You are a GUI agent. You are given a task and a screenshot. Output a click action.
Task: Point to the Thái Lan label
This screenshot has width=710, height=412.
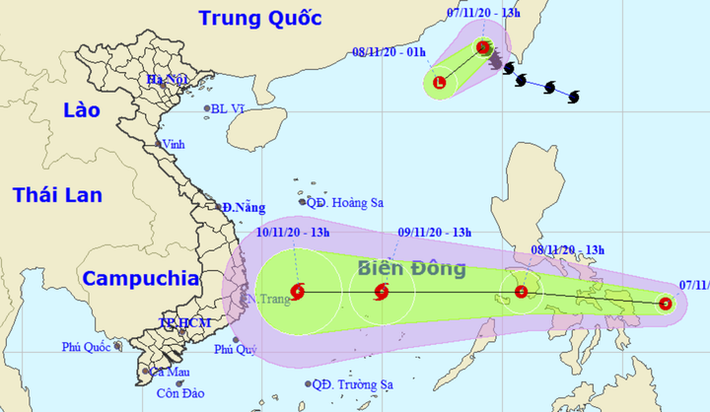point(58,195)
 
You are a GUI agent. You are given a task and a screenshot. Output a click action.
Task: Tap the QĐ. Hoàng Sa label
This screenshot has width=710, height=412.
point(345,202)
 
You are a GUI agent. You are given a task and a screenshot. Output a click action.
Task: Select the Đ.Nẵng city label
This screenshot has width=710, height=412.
point(244,208)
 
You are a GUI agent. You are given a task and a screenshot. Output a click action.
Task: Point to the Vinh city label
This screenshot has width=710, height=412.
point(174,143)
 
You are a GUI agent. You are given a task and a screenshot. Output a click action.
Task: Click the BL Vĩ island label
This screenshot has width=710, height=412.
point(229,109)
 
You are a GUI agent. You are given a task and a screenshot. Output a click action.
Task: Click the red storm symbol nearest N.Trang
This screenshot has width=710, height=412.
point(299,291)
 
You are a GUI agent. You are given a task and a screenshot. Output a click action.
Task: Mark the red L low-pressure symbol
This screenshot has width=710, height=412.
point(440,83)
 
